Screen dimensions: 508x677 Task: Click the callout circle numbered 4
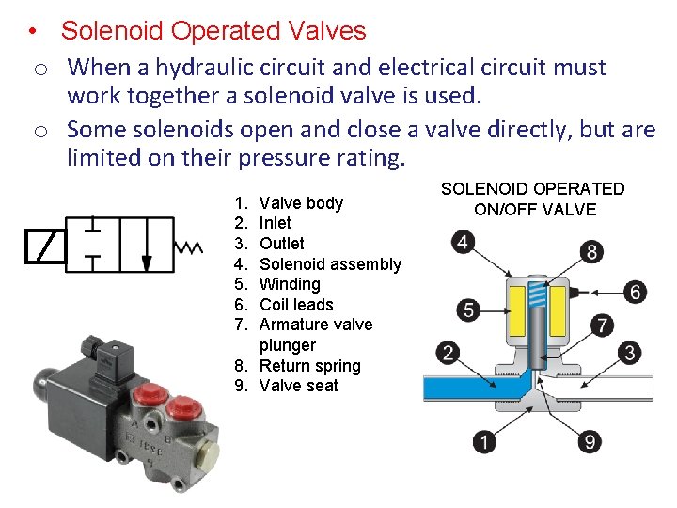point(462,244)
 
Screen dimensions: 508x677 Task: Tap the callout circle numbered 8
point(591,251)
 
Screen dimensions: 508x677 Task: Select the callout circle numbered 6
point(636,293)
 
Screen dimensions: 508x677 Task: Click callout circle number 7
point(603,326)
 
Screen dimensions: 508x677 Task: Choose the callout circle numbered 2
point(448,354)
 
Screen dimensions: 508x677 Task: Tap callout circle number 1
point(485,441)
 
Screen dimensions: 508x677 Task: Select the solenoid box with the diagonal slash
point(45,246)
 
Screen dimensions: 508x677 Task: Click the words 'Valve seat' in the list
point(298,386)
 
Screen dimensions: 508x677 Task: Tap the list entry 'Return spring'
point(309,366)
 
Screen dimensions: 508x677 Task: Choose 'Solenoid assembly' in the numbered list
point(330,264)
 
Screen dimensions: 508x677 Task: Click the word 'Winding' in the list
point(290,284)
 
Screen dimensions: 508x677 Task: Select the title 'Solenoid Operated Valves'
point(213,31)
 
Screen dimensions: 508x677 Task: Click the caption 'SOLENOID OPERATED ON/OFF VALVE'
point(533,199)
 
